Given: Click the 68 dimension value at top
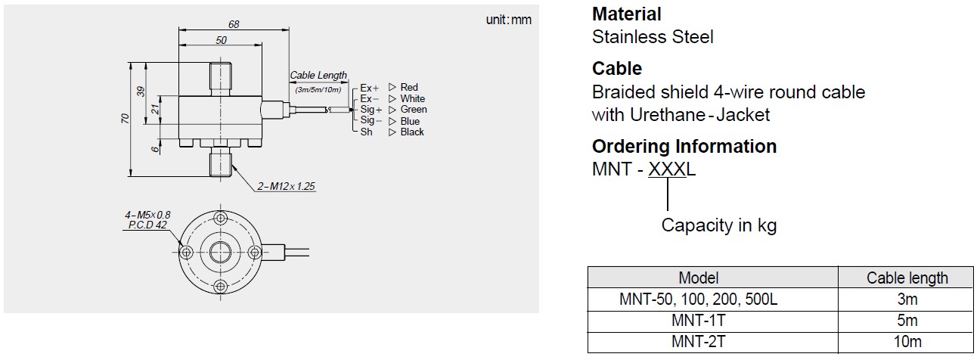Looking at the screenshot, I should tap(234, 24).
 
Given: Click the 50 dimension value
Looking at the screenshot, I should tap(221, 41).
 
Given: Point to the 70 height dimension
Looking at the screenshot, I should tap(126, 119).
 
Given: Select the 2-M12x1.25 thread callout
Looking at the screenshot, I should tap(287, 186).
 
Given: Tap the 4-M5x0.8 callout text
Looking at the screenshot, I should tap(148, 215).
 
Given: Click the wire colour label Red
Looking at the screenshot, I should tap(409, 88).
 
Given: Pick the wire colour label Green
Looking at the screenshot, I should tap(414, 110).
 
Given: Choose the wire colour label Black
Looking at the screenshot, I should tap(412, 132).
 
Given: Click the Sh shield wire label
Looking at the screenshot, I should tap(366, 132).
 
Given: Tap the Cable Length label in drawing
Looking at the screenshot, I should tap(318, 76).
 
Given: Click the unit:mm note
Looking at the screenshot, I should tap(508, 20).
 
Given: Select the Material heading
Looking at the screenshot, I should tap(627, 14).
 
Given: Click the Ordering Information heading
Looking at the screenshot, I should tap(684, 146).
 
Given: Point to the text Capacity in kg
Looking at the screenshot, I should tap(718, 225).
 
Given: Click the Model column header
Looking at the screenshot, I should tap(698, 278).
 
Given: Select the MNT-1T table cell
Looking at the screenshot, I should tap(698, 320).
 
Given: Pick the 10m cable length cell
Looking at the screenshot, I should tap(907, 341).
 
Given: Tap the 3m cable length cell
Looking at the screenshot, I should tap(907, 299).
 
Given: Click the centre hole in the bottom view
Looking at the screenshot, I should tap(221, 251).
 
